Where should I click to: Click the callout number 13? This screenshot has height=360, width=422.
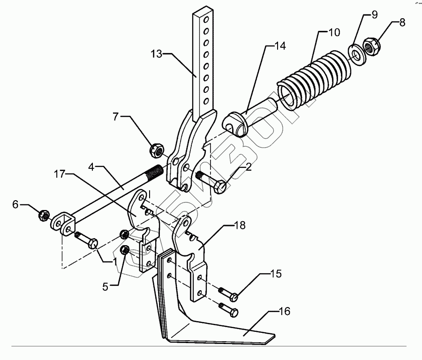coord(157,54)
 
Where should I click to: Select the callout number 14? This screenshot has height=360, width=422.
coord(280,46)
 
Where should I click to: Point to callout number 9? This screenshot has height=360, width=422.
coord(374,15)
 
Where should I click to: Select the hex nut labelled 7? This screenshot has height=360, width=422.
coord(156,150)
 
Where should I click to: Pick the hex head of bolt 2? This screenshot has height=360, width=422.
coord(219,187)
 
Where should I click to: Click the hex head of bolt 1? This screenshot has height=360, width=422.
coord(93,243)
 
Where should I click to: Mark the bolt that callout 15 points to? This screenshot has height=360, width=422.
coord(233,296)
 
